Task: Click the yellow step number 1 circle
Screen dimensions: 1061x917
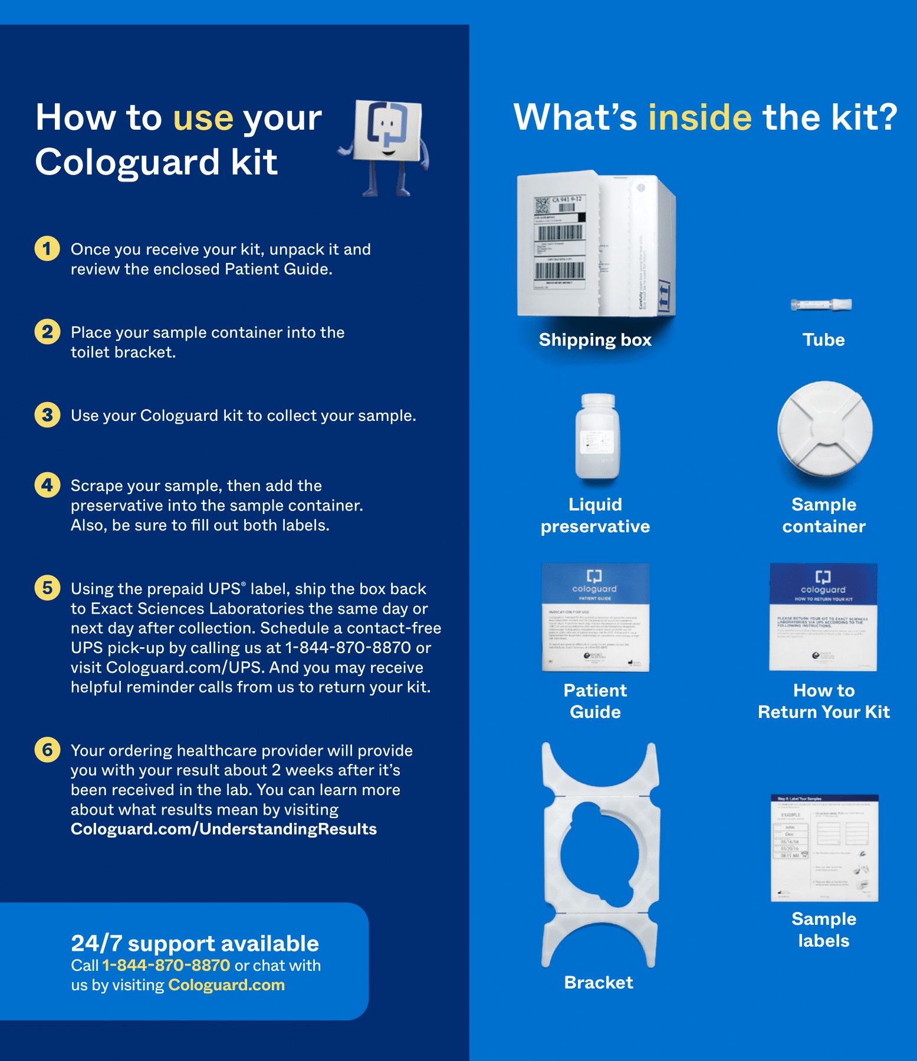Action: (x=47, y=249)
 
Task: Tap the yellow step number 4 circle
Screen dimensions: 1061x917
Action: (x=47, y=485)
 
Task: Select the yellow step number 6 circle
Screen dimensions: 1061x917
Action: (x=47, y=750)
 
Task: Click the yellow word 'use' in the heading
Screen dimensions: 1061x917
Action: (x=203, y=118)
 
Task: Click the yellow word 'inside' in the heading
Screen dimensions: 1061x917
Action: (x=699, y=117)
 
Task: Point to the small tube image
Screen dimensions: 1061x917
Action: (x=821, y=305)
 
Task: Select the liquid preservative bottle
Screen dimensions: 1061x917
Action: (x=597, y=436)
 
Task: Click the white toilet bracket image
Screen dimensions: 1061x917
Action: (x=599, y=854)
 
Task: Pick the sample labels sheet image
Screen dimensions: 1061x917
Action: (x=824, y=848)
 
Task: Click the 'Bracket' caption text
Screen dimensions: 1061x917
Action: (x=598, y=983)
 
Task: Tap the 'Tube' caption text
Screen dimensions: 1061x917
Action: (x=823, y=340)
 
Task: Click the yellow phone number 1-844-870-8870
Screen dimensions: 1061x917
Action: (x=166, y=966)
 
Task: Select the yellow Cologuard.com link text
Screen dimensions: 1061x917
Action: (x=226, y=985)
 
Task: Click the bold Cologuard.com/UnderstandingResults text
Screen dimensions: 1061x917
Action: (x=224, y=829)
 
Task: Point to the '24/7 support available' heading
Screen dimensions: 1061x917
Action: (x=195, y=944)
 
